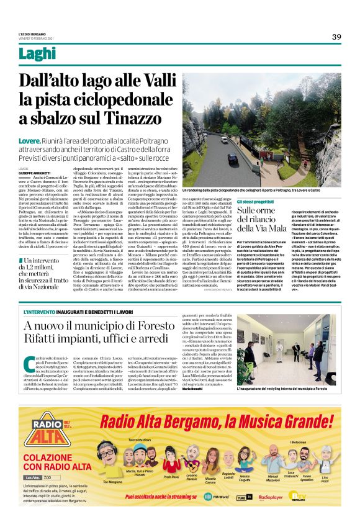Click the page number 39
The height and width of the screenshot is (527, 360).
click(336, 37)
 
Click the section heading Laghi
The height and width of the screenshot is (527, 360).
click(54, 54)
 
